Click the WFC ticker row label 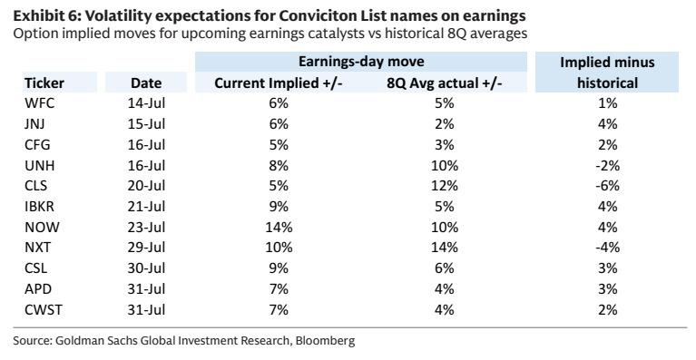coord(40,103)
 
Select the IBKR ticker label coord(40,207)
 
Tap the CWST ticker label coord(44,309)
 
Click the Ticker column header coord(44,83)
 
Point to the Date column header coord(146,83)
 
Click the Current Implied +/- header coord(279,83)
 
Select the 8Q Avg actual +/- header coord(445,83)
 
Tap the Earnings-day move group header coord(361,61)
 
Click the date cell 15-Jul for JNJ coord(146,124)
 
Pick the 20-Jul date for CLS coord(146,186)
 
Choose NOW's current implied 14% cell coord(279,227)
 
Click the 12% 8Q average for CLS coord(445,186)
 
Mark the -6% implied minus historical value coord(607,186)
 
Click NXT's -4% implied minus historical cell coord(607,248)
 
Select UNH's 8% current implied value coord(279,165)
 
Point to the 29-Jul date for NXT coord(146,248)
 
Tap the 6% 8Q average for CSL coord(445,268)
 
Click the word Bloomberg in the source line coord(325,341)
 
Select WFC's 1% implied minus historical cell coord(607,103)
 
